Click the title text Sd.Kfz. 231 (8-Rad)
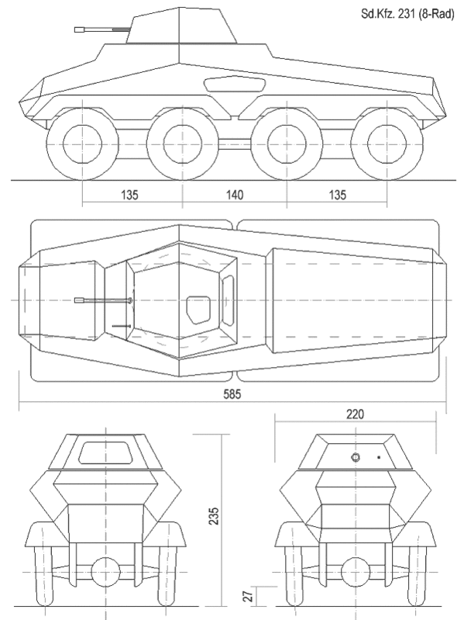click(407, 14)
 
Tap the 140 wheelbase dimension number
click(235, 195)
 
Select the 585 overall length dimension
click(232, 394)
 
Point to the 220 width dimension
click(355, 414)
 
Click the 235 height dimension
click(214, 515)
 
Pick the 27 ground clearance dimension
click(248, 596)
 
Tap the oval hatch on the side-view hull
click(235, 85)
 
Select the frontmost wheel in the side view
click(82, 143)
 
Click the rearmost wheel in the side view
click(387, 143)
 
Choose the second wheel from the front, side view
click(183, 143)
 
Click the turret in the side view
click(181, 26)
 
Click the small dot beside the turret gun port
click(379, 457)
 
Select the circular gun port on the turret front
click(355, 457)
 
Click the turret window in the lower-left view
click(105, 453)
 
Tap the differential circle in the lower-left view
click(105, 572)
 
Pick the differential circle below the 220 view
click(355, 572)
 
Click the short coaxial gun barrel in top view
click(122, 326)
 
